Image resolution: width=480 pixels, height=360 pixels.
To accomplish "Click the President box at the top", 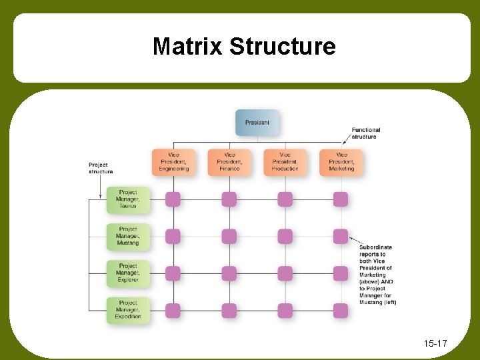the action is click(x=257, y=123).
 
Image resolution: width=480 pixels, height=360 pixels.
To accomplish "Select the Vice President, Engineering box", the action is click(x=173, y=162).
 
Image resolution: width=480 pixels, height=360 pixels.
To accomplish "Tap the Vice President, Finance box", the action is click(x=229, y=162).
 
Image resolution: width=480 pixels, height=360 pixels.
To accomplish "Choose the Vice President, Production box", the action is click(x=285, y=162).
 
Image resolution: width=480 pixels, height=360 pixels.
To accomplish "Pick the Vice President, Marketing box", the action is click(x=341, y=162).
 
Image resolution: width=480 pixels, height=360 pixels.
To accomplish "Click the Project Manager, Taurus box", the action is click(x=128, y=199).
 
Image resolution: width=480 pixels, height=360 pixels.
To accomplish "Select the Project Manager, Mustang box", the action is click(x=128, y=236).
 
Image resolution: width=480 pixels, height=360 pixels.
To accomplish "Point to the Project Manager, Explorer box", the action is click(x=128, y=273).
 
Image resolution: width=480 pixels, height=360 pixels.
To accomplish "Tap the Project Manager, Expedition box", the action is click(x=128, y=310).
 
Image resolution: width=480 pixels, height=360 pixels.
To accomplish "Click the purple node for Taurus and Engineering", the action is click(x=173, y=199).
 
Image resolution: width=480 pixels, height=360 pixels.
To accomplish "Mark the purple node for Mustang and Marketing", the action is click(x=341, y=236).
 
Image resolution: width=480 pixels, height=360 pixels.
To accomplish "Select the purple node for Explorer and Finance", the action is click(x=229, y=273).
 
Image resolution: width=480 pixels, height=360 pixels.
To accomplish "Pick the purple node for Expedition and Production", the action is click(x=285, y=311).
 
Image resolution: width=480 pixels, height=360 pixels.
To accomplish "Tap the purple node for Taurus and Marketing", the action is click(x=341, y=199).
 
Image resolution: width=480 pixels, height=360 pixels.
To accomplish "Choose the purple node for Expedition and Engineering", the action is click(x=173, y=311).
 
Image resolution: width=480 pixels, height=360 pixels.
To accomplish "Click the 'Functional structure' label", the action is click(x=366, y=133).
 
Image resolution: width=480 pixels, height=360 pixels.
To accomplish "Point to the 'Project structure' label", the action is click(x=101, y=168).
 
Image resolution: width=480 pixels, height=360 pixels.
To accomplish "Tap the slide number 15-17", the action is click(x=435, y=344).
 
